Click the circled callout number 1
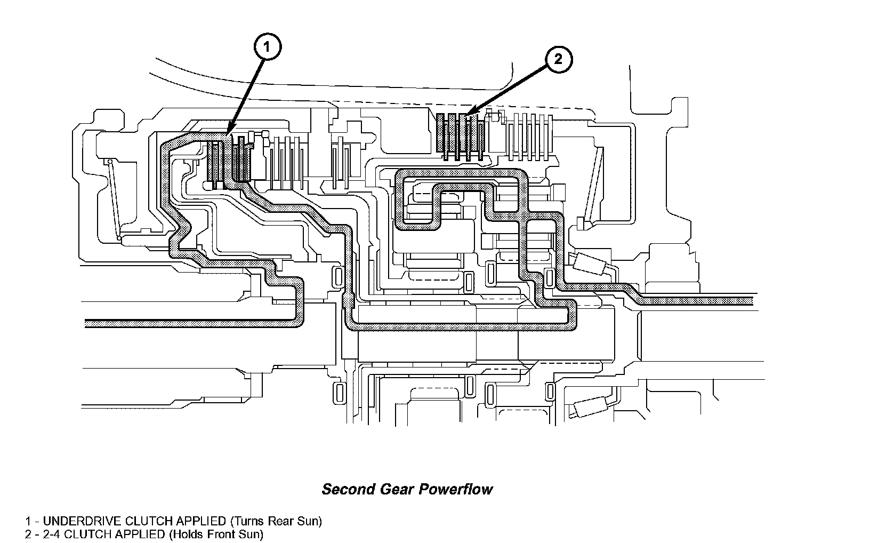(267, 47)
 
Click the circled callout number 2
(558, 59)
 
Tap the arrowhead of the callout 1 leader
(228, 132)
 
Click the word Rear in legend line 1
(285, 521)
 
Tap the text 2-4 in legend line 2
(50, 534)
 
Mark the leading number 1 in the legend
(28, 521)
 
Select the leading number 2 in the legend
(28, 534)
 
